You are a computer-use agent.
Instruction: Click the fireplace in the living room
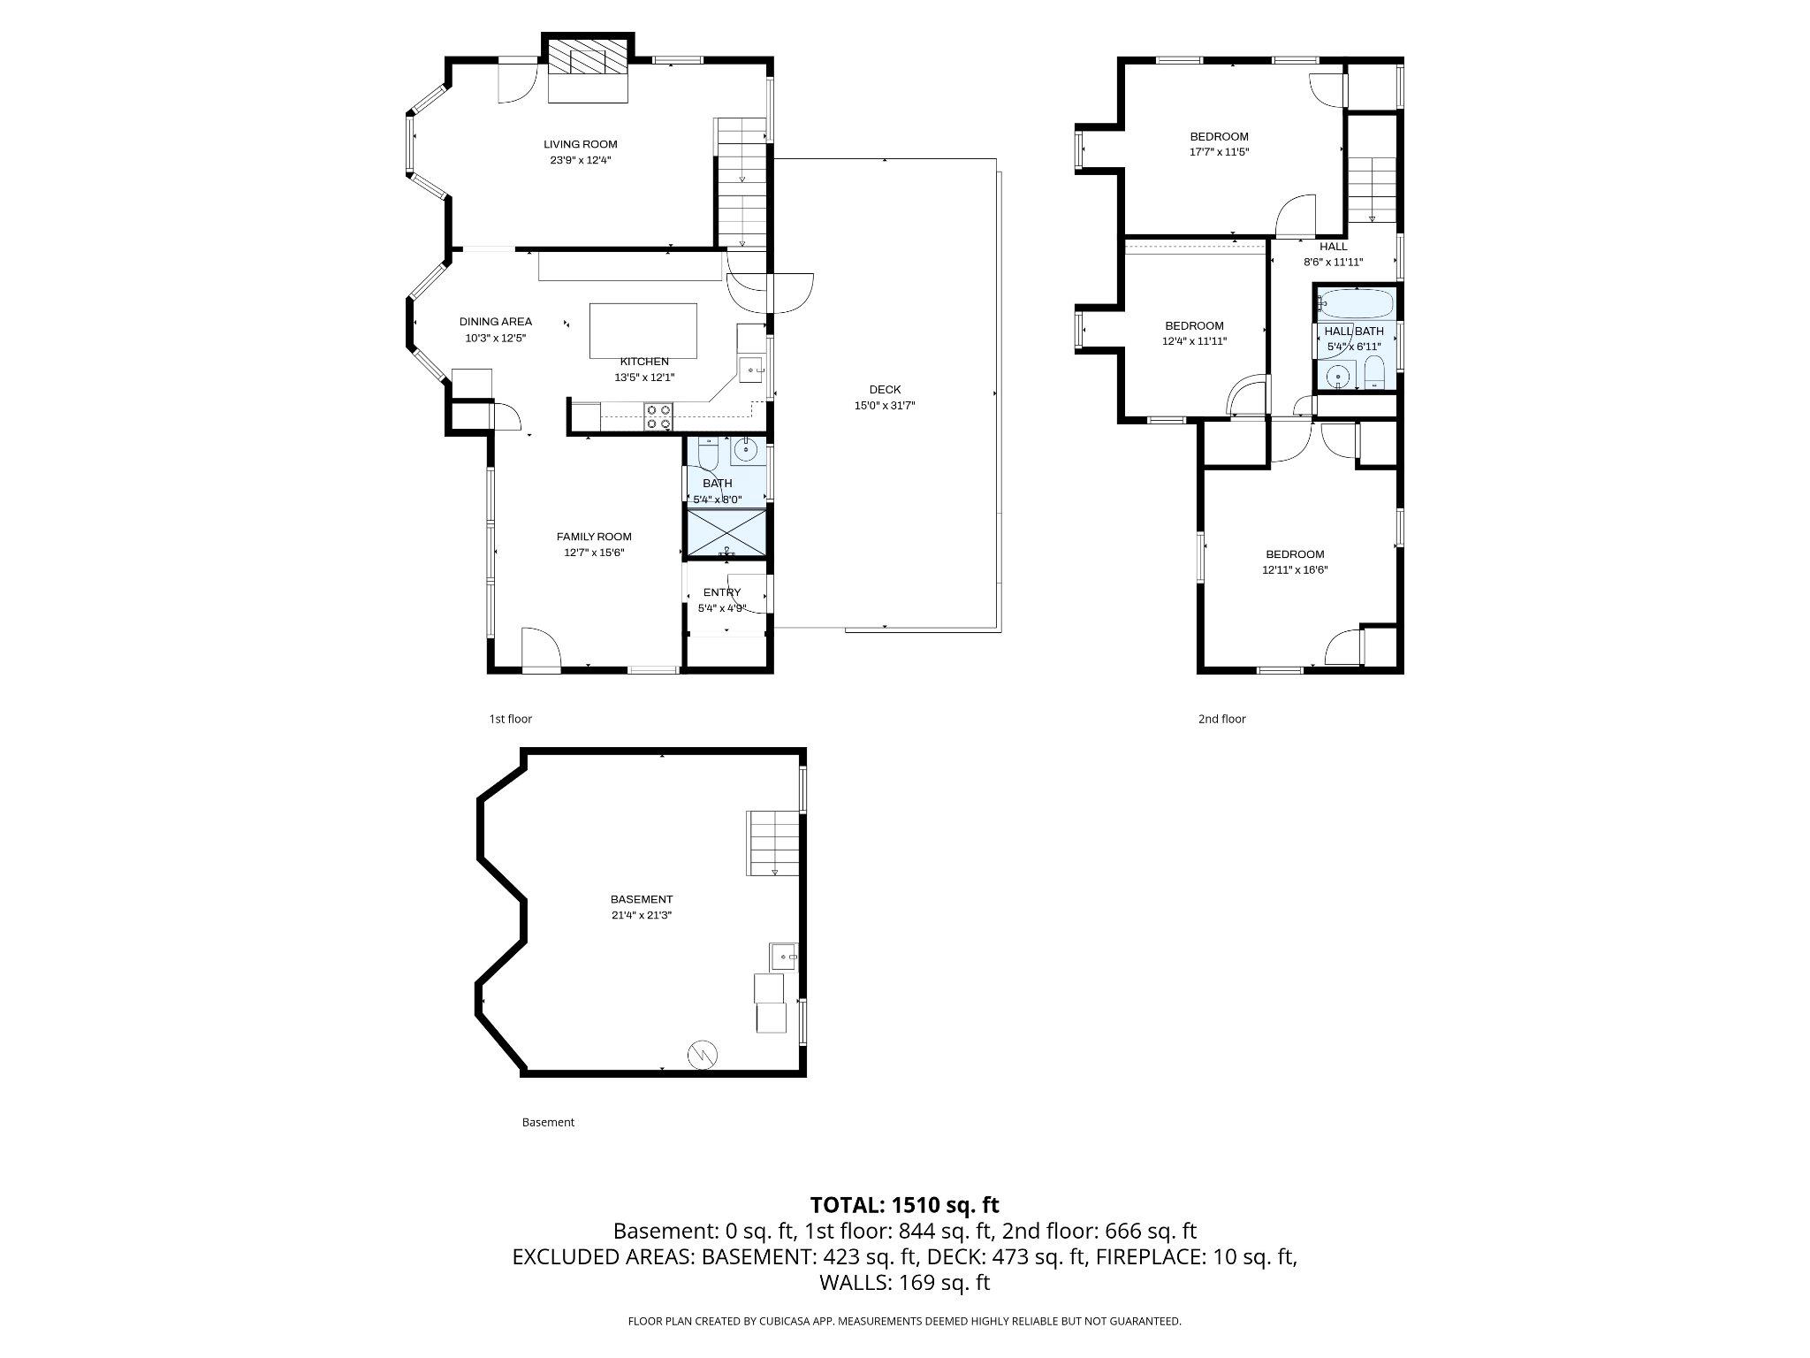coord(589,59)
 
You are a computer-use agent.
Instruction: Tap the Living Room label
coord(580,144)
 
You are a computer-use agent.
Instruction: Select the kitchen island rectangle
coord(643,331)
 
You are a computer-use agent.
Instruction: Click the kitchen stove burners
coord(658,416)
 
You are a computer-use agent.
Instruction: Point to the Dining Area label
coord(495,322)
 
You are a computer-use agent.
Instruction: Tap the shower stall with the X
coord(726,531)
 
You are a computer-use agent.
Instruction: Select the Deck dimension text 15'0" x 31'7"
coord(885,406)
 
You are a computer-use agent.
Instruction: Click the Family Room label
coord(594,537)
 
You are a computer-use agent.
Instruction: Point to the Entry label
coord(722,592)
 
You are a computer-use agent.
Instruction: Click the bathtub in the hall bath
coord(1355,303)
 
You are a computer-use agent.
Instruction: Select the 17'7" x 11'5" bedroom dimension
coord(1219,152)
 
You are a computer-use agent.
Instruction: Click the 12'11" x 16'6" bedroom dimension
coord(1295,570)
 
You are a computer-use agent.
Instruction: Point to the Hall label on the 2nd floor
coord(1334,247)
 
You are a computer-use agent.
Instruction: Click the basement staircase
coord(773,843)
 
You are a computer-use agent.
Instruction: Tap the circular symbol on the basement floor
coord(703,1053)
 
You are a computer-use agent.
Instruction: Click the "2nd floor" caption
coord(1222,719)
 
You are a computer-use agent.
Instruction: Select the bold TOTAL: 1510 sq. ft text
coord(905,1204)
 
